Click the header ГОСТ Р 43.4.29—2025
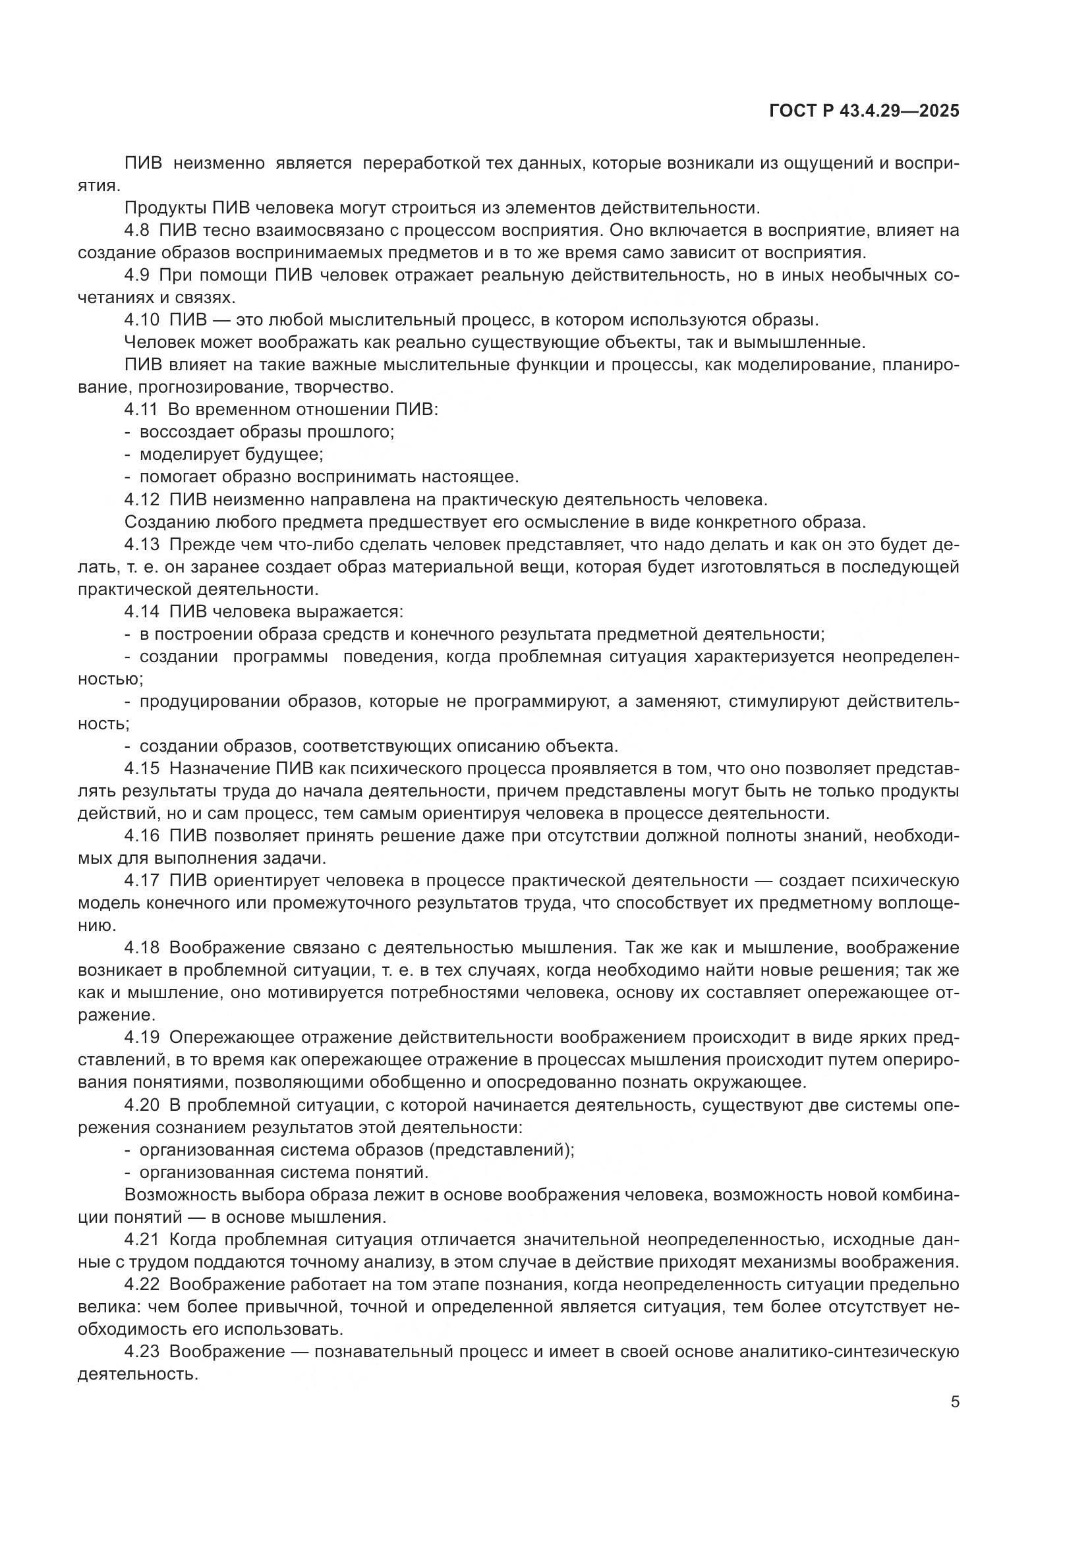click(x=864, y=111)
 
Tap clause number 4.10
click(x=142, y=320)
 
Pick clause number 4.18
click(x=142, y=947)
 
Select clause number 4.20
click(x=142, y=1105)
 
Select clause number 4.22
click(x=142, y=1284)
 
